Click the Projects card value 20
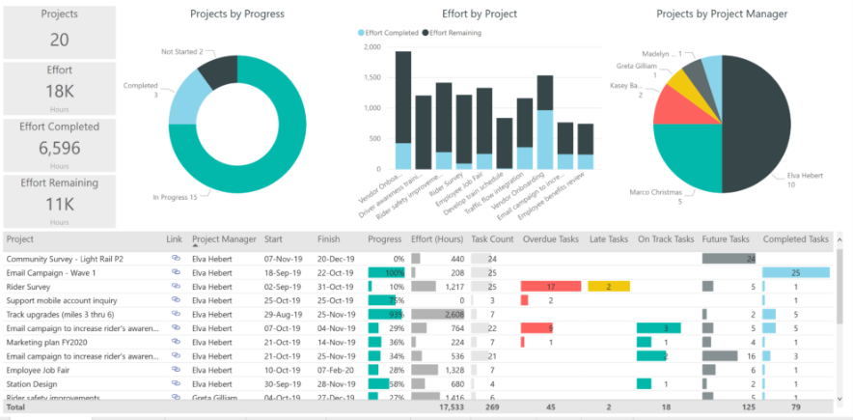coord(59,39)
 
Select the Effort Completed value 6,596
coord(59,149)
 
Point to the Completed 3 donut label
coord(140,90)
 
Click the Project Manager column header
coord(224,238)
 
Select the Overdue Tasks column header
coord(551,238)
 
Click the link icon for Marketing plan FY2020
coord(177,342)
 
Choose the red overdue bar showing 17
coord(551,287)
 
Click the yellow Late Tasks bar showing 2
coord(608,287)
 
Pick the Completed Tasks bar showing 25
coord(796,273)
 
